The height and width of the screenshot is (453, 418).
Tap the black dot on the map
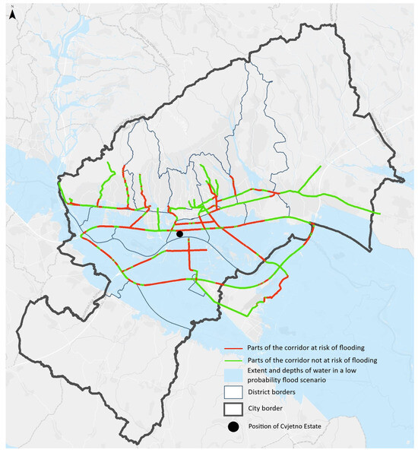point(180,234)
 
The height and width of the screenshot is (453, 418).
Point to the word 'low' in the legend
point(377,370)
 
